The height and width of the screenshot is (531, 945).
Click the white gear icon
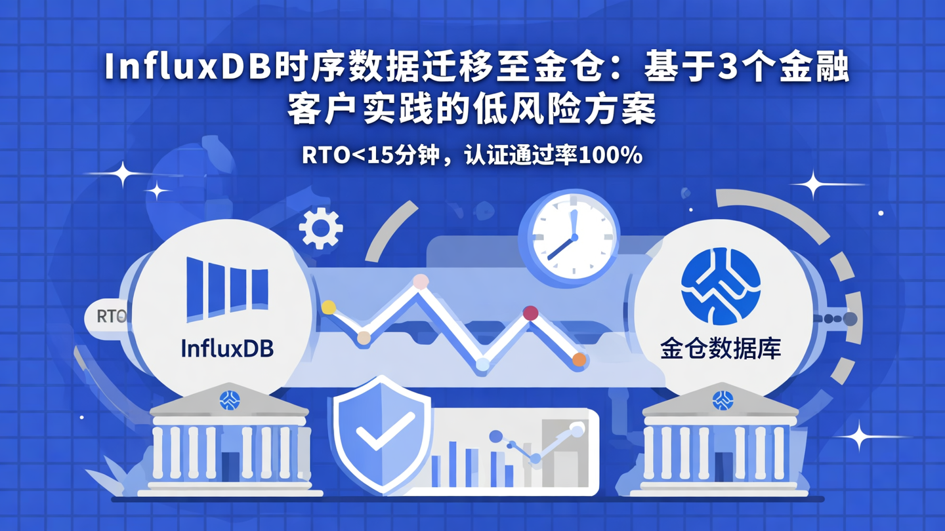point(320,228)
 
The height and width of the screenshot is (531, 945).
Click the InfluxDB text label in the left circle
point(227,347)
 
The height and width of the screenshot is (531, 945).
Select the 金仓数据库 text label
point(721,348)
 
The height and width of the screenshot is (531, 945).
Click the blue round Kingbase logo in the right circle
point(721,286)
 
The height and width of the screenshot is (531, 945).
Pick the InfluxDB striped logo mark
point(227,288)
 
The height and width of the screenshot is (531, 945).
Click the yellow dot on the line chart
point(329,307)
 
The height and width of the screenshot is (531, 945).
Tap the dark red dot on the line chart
point(530,313)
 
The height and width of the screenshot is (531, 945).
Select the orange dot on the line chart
point(579,359)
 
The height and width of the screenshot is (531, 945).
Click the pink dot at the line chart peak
point(421,282)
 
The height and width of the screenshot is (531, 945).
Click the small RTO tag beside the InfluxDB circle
point(110,317)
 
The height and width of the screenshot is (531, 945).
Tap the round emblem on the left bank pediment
point(230,399)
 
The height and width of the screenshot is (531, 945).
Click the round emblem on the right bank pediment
point(723,399)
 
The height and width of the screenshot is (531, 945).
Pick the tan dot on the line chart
point(364,338)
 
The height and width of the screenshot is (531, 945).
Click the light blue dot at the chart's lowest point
point(482,364)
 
